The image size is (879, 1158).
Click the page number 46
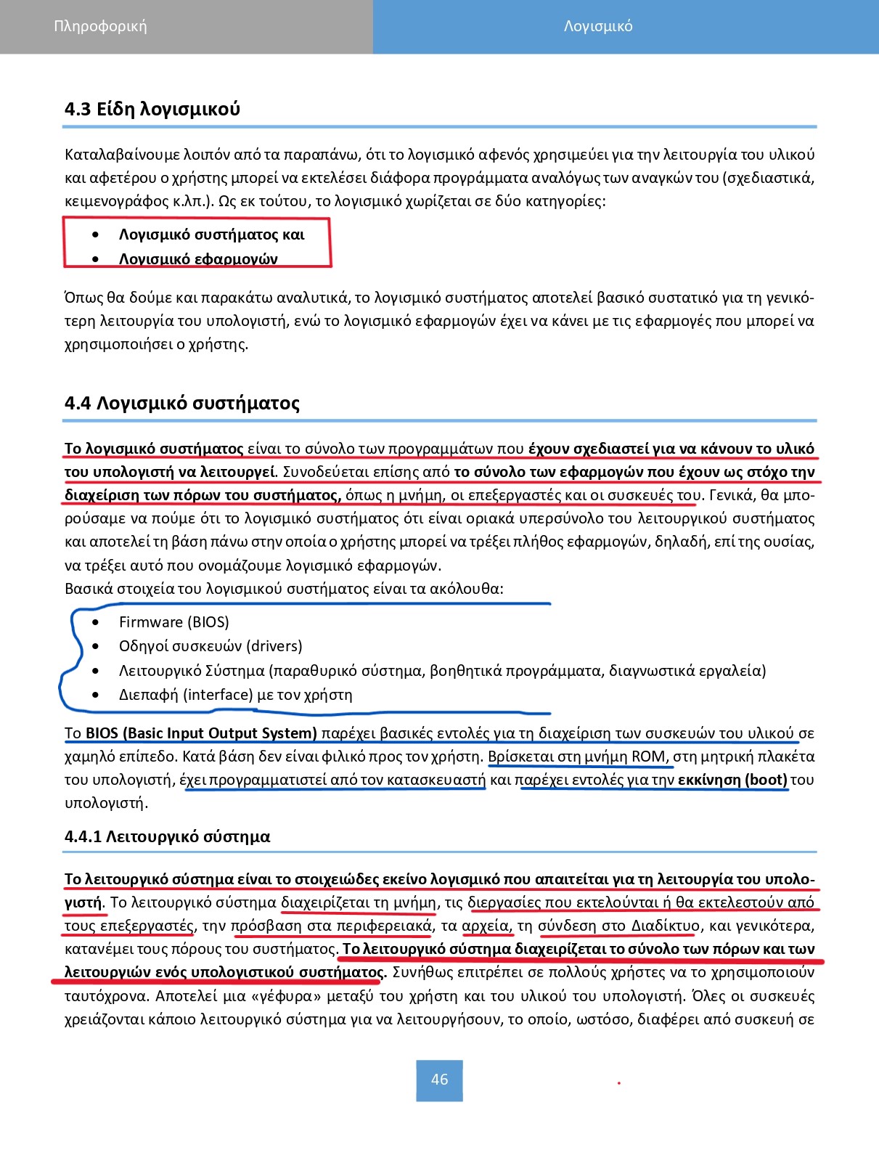pyautogui.click(x=439, y=1080)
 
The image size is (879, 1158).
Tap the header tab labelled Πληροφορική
pyautogui.click(x=100, y=26)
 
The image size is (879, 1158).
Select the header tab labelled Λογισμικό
pyautogui.click(x=598, y=26)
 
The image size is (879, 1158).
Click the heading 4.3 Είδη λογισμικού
pyautogui.click(x=152, y=110)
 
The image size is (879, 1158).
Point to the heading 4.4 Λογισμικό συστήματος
pyautogui.click(x=182, y=403)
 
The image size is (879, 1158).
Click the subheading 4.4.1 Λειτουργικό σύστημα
pyautogui.click(x=168, y=836)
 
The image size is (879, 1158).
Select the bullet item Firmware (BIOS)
pyautogui.click(x=173, y=622)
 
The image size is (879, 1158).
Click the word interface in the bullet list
pyautogui.click(x=219, y=695)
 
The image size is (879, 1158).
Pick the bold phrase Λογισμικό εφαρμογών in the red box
pyautogui.click(x=198, y=258)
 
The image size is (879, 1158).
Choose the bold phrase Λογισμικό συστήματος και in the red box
pyautogui.click(x=211, y=235)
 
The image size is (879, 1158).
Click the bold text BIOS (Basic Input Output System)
pyautogui.click(x=201, y=733)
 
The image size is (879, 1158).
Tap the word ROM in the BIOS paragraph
pyautogui.click(x=648, y=757)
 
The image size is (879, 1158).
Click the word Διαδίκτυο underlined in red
pyautogui.click(x=666, y=926)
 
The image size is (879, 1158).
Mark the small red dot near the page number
pyautogui.click(x=619, y=1082)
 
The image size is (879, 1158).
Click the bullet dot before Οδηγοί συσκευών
pyautogui.click(x=97, y=646)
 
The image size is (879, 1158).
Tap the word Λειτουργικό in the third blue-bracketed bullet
pyautogui.click(x=160, y=670)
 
